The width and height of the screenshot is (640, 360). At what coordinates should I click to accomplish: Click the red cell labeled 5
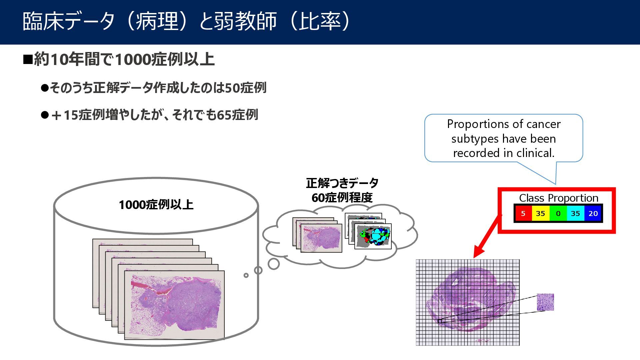pos(523,214)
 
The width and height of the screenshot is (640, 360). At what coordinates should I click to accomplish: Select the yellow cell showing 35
pos(540,214)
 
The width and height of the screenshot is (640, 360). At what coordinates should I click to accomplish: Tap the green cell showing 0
pos(558,214)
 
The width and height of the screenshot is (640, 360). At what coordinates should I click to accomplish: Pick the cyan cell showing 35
pos(575,214)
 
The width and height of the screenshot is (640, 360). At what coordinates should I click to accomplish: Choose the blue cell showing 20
pos(593,214)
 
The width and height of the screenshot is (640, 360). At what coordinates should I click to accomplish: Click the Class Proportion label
pos(558,198)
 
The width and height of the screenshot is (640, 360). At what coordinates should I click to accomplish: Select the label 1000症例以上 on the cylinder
pos(156,205)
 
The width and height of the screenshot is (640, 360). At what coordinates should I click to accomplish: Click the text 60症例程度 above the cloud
pos(342,198)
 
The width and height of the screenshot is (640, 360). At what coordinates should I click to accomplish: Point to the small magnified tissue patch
pos(545,302)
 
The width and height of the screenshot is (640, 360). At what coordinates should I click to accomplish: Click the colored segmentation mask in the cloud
pos(373,236)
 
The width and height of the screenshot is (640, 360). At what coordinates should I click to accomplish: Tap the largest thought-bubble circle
pos(274,264)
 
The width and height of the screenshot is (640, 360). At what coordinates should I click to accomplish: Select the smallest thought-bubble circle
pos(246,275)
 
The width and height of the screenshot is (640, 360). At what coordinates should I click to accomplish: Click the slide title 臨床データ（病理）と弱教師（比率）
pos(187,21)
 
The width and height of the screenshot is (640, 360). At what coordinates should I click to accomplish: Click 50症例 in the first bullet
pos(246,88)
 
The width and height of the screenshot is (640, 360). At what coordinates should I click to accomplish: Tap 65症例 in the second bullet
pos(237,115)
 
